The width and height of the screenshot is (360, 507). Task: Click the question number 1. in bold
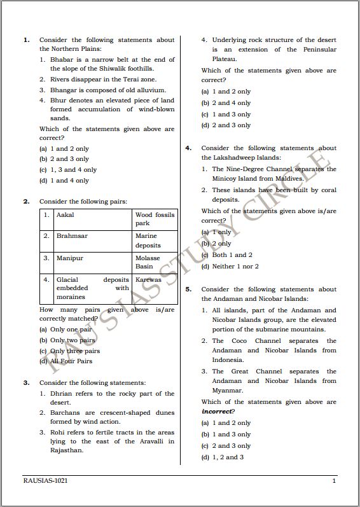click(x=26, y=40)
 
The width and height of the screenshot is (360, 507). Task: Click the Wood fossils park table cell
click(x=154, y=219)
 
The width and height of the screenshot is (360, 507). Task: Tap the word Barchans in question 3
click(x=64, y=413)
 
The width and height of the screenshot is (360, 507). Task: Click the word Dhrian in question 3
click(x=62, y=394)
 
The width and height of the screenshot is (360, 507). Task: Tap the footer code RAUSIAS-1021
click(x=45, y=482)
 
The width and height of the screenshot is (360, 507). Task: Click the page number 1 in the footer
click(x=333, y=482)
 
